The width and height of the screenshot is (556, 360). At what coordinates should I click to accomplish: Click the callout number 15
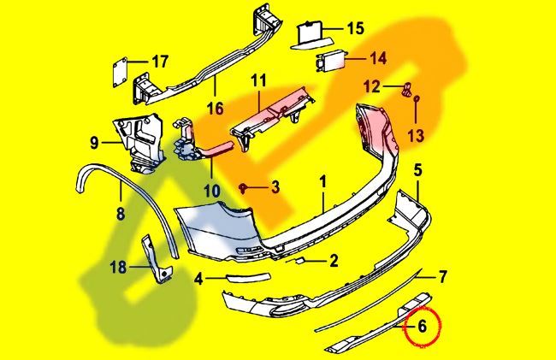point(355,28)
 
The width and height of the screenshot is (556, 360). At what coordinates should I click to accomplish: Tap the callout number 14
point(377,58)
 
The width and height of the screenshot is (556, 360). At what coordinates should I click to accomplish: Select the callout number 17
point(160,61)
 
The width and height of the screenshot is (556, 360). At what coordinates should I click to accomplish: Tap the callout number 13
point(416,135)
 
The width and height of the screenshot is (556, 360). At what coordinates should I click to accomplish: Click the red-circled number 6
point(421,325)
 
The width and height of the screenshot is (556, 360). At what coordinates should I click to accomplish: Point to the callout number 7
point(442,276)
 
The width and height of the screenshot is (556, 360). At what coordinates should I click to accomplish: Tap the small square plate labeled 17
point(121,68)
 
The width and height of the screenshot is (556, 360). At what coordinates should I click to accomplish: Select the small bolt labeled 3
point(245,186)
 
